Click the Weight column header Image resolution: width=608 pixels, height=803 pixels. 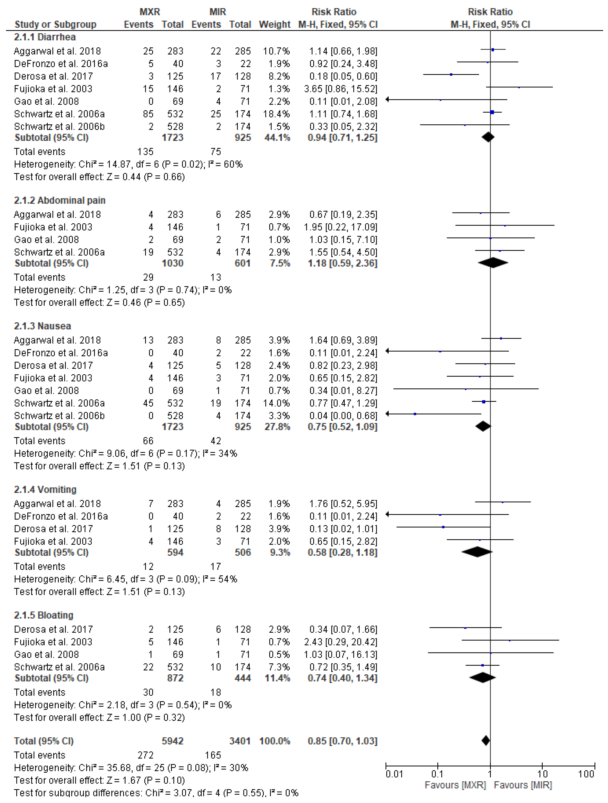pyautogui.click(x=274, y=24)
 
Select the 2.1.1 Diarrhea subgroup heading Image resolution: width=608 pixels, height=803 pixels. pyautogui.click(x=45, y=37)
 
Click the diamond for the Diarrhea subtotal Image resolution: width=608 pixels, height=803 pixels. pyautogui.click(x=488, y=137)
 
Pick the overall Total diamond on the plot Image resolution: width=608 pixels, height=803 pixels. pyautogui.click(x=486, y=741)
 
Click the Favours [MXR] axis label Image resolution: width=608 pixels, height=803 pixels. pyautogui.click(x=455, y=785)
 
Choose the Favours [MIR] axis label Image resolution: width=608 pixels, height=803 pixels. pyautogui.click(x=523, y=785)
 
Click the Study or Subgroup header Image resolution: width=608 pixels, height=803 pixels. pyautogui.click(x=55, y=24)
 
